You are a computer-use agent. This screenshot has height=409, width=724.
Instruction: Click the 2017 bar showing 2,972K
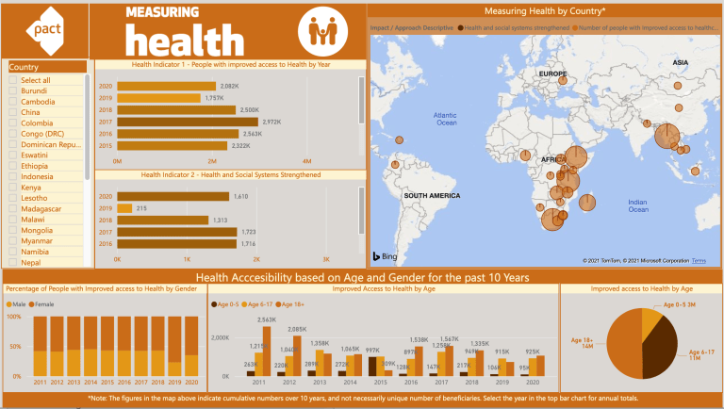coord(188,122)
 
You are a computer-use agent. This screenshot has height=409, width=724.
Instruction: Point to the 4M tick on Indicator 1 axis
coord(306,161)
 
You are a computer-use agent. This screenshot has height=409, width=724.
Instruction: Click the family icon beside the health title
coord(321,31)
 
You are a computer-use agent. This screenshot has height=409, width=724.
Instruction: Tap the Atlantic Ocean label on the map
coord(446,118)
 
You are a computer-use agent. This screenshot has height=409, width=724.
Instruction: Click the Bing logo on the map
coord(387,255)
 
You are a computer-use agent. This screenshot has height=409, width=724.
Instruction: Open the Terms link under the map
coord(698,261)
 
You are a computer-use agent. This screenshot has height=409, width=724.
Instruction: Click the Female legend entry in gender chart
coord(47,305)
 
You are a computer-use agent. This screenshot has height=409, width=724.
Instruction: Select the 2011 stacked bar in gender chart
coord(41,350)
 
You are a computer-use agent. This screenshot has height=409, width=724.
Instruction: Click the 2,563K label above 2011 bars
coord(266,320)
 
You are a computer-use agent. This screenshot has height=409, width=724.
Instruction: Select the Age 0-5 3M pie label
coord(681,306)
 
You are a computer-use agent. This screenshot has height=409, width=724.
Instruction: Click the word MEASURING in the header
coord(161,12)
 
